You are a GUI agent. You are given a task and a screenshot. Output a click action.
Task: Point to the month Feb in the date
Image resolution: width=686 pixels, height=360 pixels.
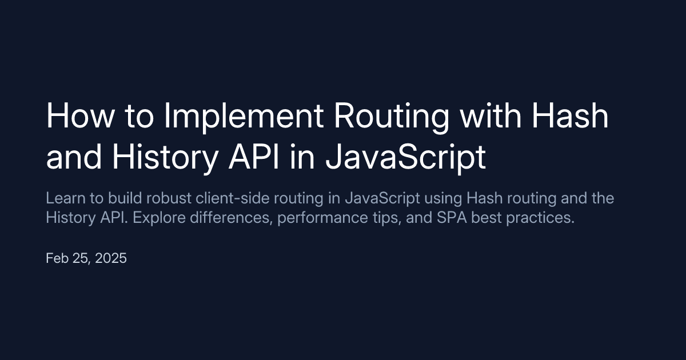pos(57,258)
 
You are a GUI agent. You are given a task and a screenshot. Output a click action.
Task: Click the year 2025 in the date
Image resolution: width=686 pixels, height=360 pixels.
pos(111,258)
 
